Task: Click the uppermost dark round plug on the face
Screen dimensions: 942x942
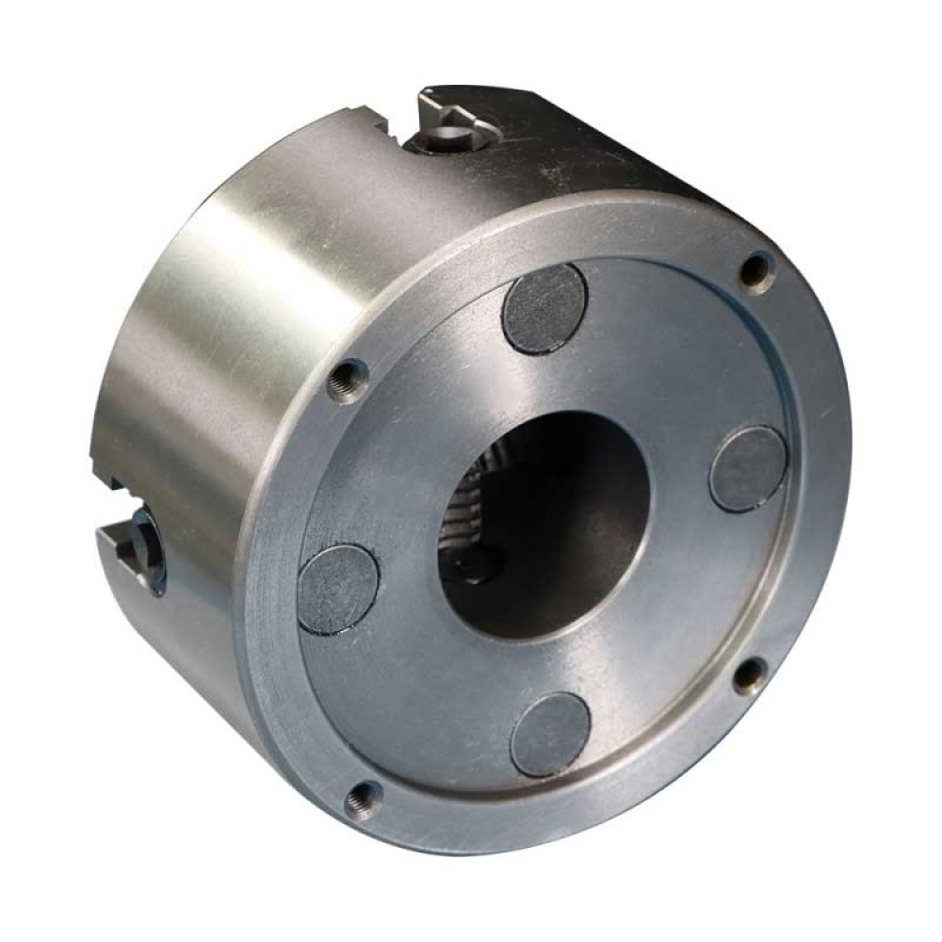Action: click(544, 309)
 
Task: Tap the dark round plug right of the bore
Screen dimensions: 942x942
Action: click(748, 468)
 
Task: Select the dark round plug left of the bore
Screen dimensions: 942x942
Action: click(339, 589)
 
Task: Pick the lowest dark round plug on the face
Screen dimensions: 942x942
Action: click(550, 734)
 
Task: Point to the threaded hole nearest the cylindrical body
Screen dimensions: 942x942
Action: click(347, 382)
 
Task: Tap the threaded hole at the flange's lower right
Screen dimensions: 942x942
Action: click(750, 674)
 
